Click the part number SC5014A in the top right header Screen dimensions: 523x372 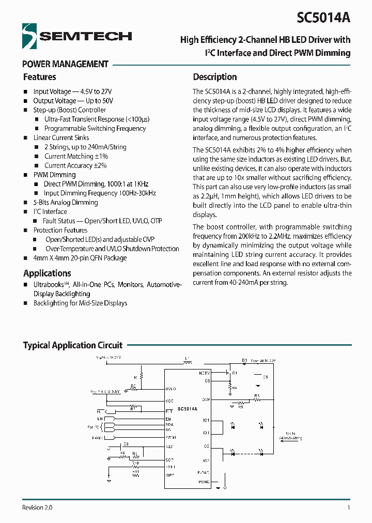(323, 17)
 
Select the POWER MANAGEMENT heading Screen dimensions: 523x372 (66, 64)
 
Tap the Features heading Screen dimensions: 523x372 (39, 77)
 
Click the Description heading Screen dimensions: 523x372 (215, 77)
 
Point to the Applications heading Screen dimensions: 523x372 (47, 273)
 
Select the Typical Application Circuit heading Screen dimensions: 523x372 (73, 345)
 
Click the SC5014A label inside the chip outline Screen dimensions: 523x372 (187, 409)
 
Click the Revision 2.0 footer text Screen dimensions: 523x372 (37, 507)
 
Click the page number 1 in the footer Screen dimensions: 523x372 (349, 507)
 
